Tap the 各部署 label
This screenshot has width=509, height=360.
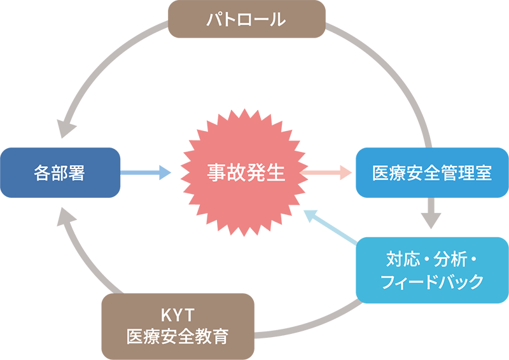pyautogui.click(x=59, y=174)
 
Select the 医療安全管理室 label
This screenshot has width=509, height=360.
pyautogui.click(x=432, y=174)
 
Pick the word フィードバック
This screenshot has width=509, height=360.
pyautogui.click(x=432, y=282)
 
